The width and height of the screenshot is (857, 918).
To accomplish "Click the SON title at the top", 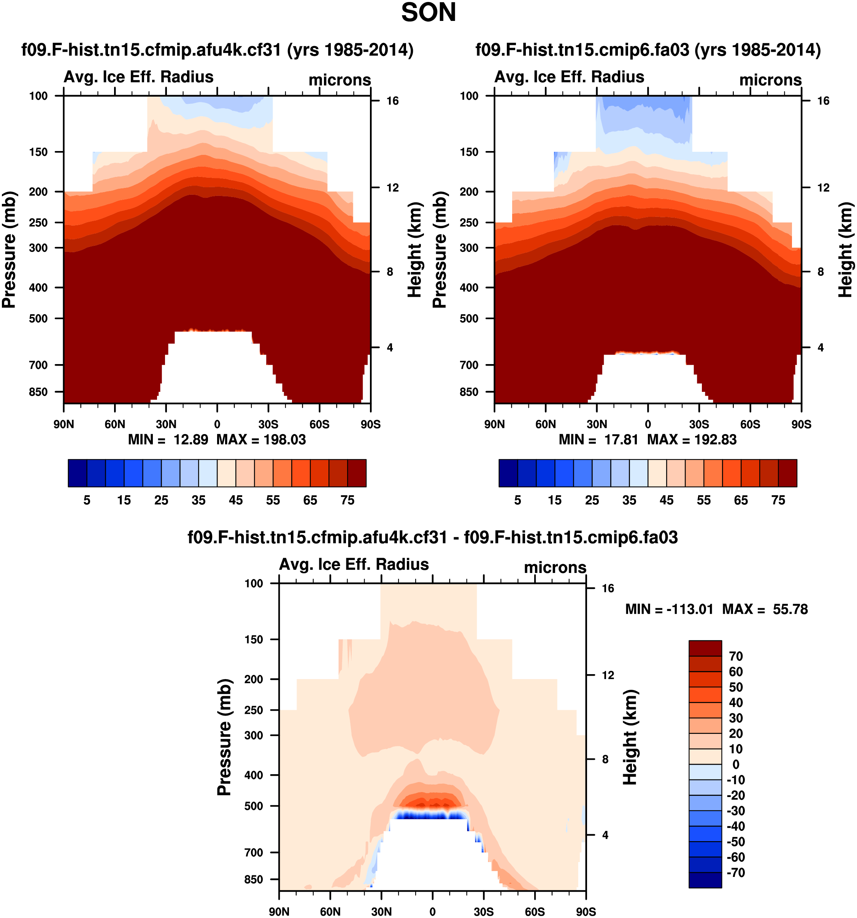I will (428, 13).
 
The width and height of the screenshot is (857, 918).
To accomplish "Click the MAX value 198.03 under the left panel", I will (284, 440).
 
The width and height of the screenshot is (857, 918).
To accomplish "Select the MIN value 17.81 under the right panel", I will (621, 440).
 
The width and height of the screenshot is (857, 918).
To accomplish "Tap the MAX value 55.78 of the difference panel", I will (790, 609).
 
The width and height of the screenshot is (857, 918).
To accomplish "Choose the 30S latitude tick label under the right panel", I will (699, 424).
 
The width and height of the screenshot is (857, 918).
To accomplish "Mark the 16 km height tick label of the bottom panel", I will (608, 588).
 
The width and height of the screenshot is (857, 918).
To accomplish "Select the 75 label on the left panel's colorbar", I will (348, 501).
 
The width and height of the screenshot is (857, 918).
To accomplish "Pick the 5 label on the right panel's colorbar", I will (518, 501).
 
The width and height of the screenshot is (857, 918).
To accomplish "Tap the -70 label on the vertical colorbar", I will (736, 873).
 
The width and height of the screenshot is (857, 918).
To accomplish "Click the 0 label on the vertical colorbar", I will (736, 765).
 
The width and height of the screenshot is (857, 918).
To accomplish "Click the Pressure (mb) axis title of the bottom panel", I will (224, 737).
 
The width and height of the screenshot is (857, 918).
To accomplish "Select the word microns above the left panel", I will (340, 80).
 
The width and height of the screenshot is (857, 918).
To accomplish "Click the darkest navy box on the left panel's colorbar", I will (78, 473).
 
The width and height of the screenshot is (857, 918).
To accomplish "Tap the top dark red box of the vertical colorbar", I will (705, 648).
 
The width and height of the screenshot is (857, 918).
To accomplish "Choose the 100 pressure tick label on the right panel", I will (469, 96).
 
